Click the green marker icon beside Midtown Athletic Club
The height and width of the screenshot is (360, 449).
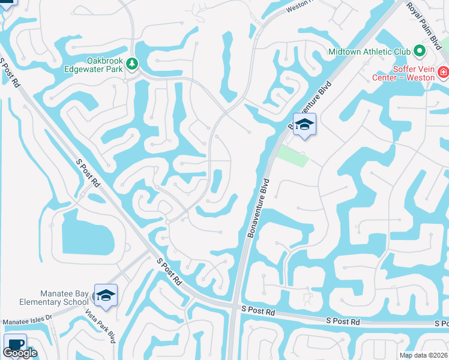[x=420, y=51]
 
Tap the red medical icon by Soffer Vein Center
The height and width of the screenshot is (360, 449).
[x=443, y=73]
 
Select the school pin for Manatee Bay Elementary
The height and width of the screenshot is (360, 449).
[x=106, y=295]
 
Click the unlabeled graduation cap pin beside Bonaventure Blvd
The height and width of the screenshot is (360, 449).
[x=304, y=124]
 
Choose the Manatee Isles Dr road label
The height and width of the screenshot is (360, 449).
[x=28, y=322]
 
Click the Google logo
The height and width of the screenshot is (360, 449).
[x=20, y=353]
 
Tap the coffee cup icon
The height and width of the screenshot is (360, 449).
[x=14, y=345]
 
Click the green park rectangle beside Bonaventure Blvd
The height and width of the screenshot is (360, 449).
[x=293, y=155]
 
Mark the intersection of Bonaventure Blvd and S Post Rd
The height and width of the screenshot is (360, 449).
[x=235, y=306]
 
